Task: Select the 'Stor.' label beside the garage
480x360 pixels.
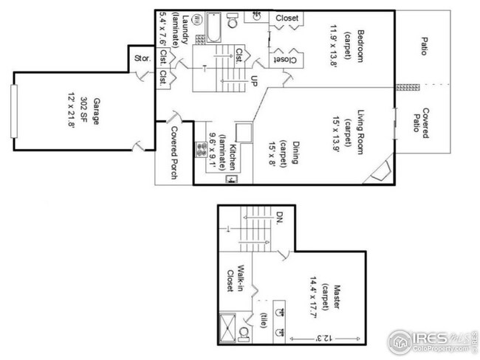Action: (x=142, y=58)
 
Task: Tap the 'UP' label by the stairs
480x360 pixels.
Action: (x=254, y=79)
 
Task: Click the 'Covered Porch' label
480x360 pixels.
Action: (x=174, y=153)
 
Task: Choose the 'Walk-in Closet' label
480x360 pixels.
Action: (x=235, y=278)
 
